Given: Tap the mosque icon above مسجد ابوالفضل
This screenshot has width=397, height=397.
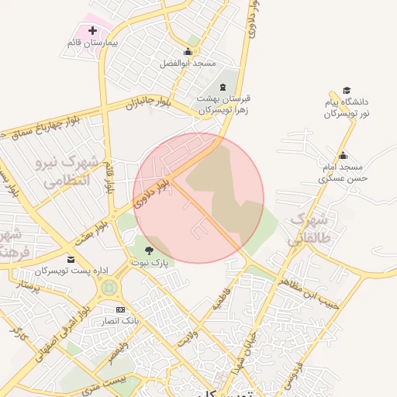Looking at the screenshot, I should coord(187,52).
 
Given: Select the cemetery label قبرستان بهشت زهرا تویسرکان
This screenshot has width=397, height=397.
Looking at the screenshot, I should coord(223,105).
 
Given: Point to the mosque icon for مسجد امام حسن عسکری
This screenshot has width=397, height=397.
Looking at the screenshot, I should coord(343,156).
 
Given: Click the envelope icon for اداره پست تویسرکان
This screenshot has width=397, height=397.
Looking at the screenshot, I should coord(71,259).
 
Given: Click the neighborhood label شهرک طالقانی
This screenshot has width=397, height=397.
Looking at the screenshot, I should coord(309,228).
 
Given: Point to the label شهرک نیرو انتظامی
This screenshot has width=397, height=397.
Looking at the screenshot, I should coord(64,171).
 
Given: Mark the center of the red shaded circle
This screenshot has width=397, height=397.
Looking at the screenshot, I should coord(198,198).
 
